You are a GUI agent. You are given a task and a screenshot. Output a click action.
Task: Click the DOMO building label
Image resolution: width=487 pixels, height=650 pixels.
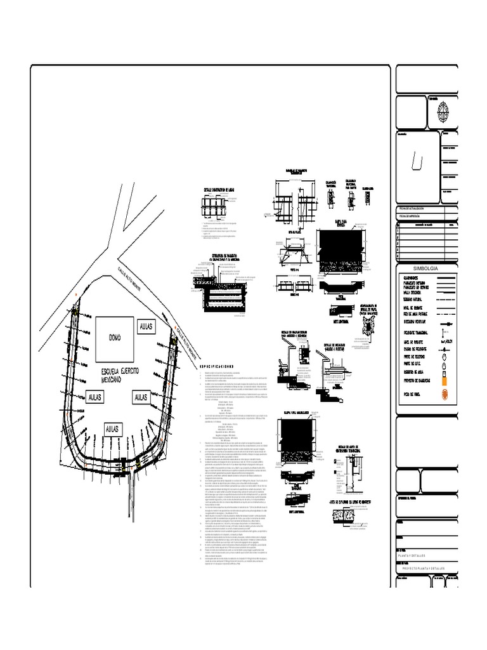(114, 337)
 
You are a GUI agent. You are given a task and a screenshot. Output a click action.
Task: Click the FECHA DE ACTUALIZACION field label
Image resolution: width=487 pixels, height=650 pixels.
(416, 208)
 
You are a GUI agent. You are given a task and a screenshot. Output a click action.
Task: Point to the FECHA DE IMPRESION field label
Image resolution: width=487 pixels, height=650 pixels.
(413, 215)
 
